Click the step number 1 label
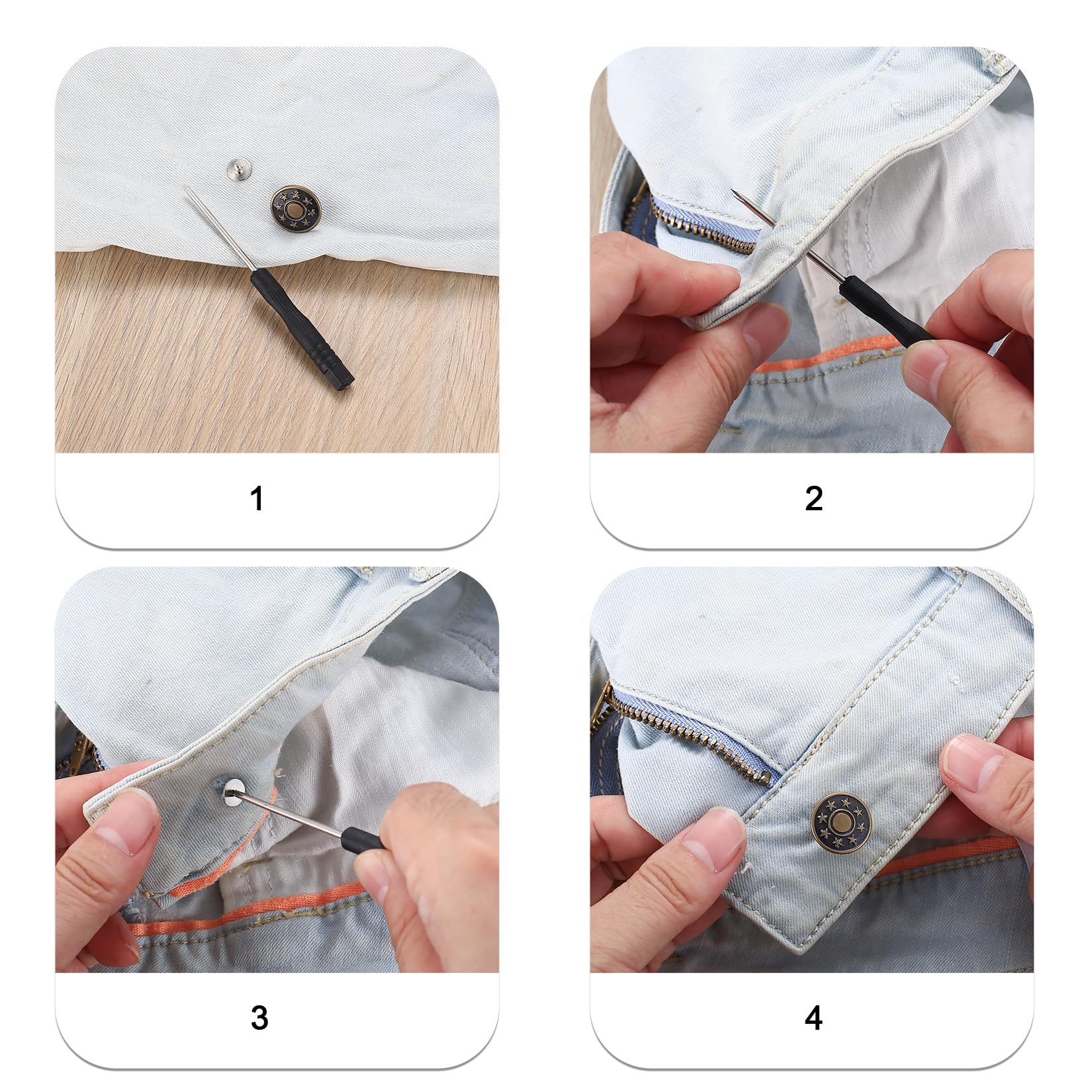coord(257,498)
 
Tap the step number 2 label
coord(813,498)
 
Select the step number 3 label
coord(259,1018)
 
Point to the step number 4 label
coord(813,1018)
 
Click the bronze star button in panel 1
coord(297,211)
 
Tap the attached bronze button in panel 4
coord(841,823)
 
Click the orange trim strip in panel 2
coord(827,361)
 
